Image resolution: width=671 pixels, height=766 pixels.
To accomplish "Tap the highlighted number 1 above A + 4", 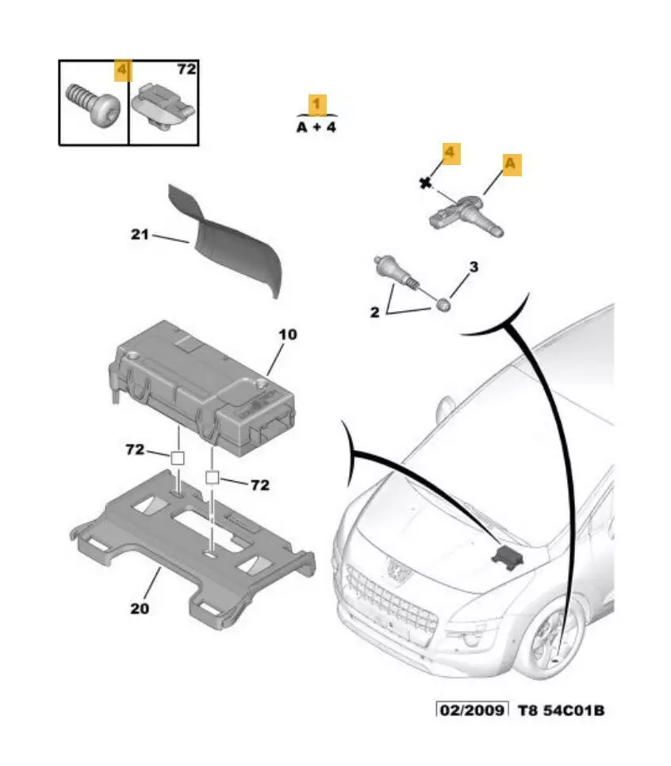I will [317, 104].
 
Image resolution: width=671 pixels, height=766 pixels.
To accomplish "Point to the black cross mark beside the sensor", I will [425, 183].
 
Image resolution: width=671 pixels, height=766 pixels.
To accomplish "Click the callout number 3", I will [474, 267].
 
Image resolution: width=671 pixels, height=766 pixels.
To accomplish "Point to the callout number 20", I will [139, 609].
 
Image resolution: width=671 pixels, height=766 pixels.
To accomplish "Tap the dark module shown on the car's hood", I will [504, 555].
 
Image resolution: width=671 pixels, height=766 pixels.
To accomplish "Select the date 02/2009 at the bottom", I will [472, 709].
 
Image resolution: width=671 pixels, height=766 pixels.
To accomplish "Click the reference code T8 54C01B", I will [561, 709].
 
